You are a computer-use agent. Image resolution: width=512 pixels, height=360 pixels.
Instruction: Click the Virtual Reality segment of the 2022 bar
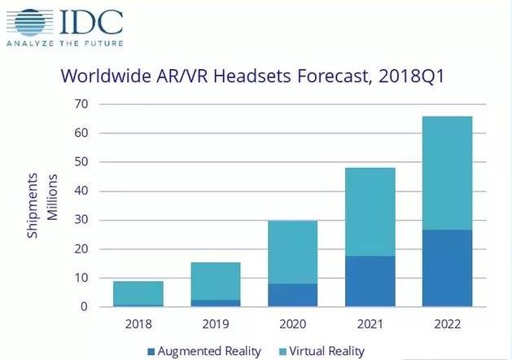click(447, 173)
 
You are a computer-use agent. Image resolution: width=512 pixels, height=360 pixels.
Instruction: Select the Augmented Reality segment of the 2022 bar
click(447, 268)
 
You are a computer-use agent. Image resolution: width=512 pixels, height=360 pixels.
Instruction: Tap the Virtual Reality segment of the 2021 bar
click(370, 212)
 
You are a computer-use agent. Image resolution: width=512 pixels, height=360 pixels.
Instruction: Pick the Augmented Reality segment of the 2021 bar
click(370, 281)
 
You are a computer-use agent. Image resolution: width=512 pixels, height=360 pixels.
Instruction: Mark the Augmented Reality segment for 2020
click(292, 295)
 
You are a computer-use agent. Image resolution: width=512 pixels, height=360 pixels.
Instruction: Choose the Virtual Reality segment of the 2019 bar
click(215, 281)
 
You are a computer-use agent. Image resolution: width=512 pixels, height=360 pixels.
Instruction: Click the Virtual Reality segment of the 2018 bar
click(138, 292)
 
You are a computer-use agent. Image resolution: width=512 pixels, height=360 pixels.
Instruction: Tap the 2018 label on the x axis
click(138, 323)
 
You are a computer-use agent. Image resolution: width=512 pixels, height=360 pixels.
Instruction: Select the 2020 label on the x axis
click(292, 323)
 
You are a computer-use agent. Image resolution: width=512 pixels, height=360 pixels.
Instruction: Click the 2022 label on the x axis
click(447, 323)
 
